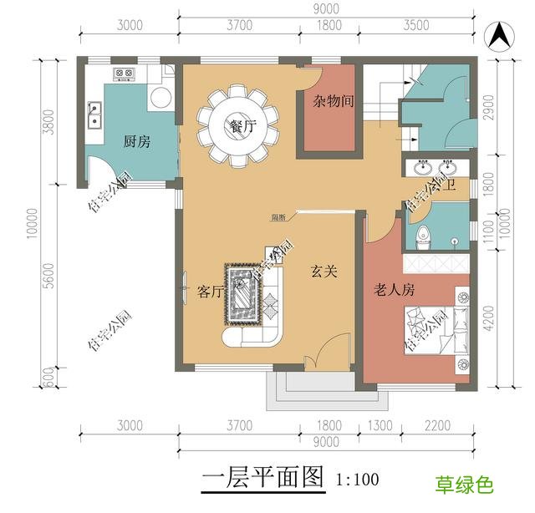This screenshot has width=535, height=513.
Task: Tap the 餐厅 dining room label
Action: (241, 127)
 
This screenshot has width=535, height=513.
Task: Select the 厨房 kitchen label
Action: (137, 141)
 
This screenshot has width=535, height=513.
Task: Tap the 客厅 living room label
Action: (210, 292)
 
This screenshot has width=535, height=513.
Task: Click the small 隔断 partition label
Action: (278, 217)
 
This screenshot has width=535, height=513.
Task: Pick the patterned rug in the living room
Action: (244, 293)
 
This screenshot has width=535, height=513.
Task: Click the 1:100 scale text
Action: (357, 480)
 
